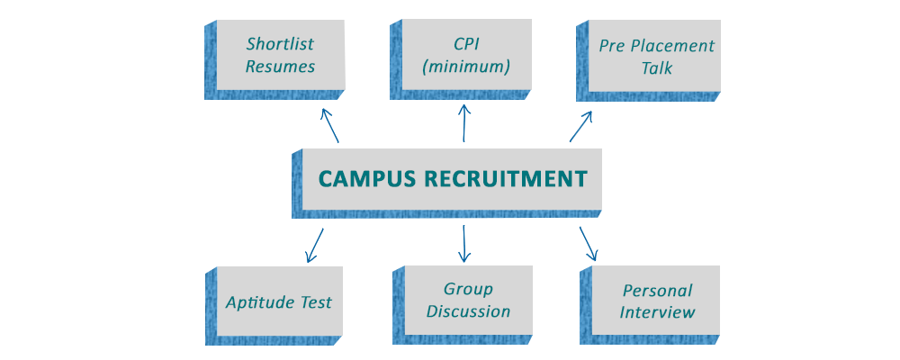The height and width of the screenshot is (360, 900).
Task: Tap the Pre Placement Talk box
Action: pos(654,56)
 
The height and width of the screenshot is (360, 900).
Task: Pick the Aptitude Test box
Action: pos(279,302)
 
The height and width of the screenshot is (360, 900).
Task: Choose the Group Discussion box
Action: pos(468,301)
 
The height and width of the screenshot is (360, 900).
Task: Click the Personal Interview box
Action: pos(657,301)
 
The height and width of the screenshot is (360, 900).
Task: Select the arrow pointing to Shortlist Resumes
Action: pos(329,125)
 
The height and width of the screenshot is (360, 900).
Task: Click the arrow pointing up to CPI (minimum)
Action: pos(464,122)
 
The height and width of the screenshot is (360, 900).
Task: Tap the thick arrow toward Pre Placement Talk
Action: pos(582,126)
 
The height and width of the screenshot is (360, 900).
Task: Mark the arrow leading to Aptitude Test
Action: pos(314,246)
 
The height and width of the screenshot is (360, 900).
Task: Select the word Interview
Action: pos(657,313)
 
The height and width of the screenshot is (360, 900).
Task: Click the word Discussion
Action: pos(468,312)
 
